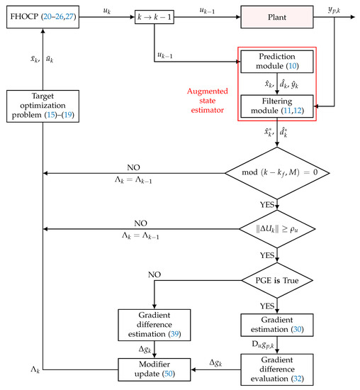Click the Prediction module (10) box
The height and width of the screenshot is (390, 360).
point(276,62)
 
